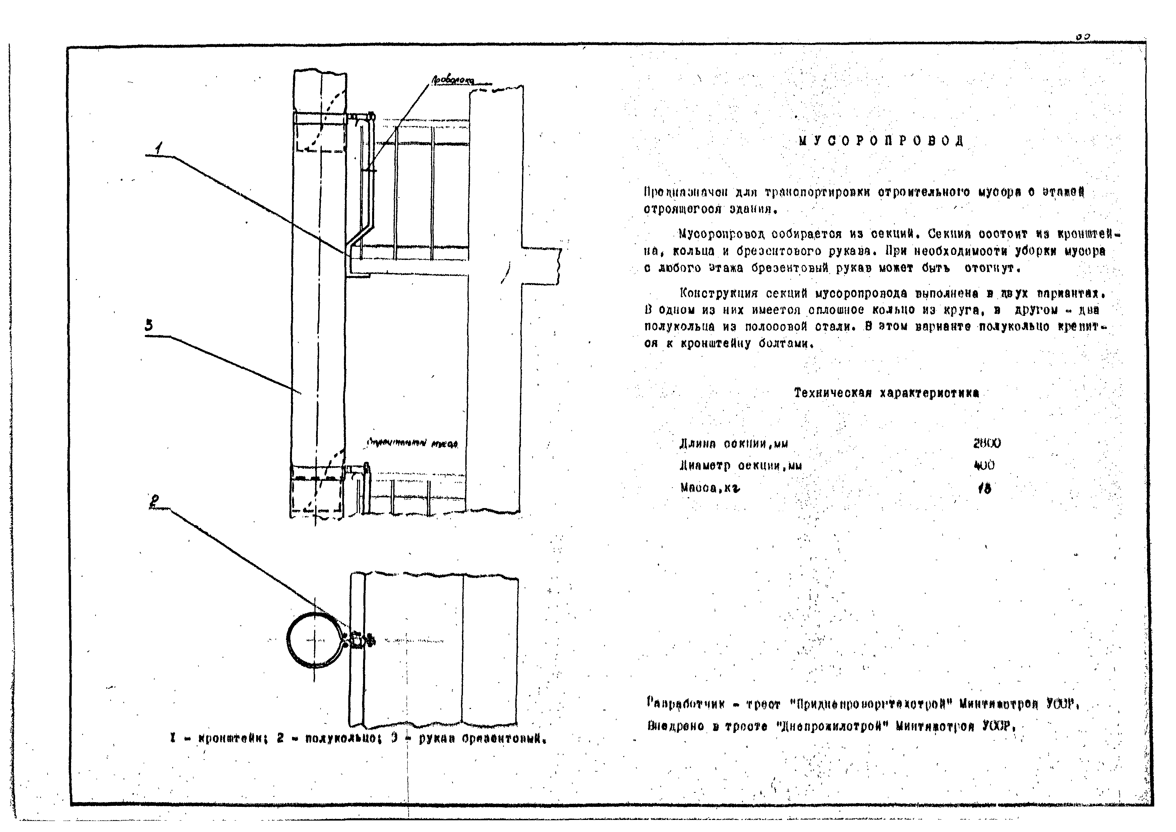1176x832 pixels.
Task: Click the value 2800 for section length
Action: click(x=987, y=443)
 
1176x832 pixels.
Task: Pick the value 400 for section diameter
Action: click(x=984, y=465)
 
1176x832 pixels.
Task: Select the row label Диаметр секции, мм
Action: click(x=740, y=466)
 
